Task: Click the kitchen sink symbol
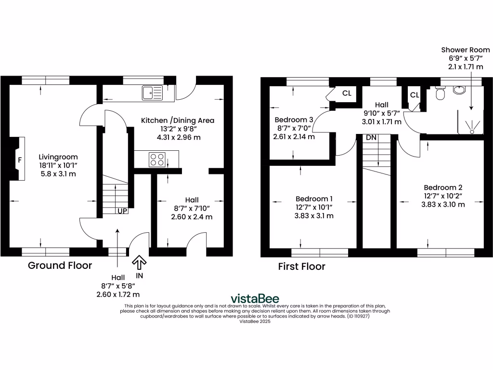pyautogui.click(x=153, y=92)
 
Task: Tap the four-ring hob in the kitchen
pyautogui.click(x=157, y=159)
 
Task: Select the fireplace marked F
pyautogui.click(x=18, y=159)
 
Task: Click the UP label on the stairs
pyautogui.click(x=121, y=211)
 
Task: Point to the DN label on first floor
pyautogui.click(x=371, y=138)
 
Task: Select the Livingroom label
pyautogui.click(x=58, y=157)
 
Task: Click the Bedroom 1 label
pyautogui.click(x=314, y=198)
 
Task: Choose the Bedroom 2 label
pyautogui.click(x=443, y=187)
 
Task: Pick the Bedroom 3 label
pyautogui.click(x=294, y=119)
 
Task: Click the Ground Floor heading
pyautogui.click(x=60, y=265)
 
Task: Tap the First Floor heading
pyautogui.click(x=301, y=266)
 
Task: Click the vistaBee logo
pyautogui.click(x=255, y=298)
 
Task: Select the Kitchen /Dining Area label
pyautogui.click(x=177, y=120)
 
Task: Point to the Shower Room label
pyautogui.click(x=466, y=50)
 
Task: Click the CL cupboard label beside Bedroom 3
pyautogui.click(x=347, y=93)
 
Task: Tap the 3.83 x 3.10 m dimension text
pyautogui.click(x=443, y=204)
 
